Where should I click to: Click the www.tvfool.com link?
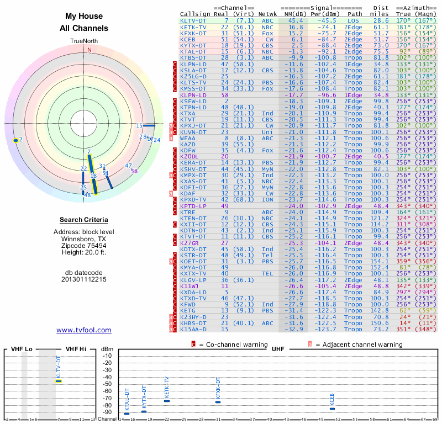point(84,330)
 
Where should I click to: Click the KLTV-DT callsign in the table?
point(193,20)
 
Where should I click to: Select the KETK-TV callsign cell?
point(193,26)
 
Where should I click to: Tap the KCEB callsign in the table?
point(188,39)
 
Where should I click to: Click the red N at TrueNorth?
point(88,49)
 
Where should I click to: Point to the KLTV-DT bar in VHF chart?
point(58,381)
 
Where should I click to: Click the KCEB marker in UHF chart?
point(332,409)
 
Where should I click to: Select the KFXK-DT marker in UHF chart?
point(218,402)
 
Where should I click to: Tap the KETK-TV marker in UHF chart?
point(167,401)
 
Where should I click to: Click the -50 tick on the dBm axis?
point(107,384)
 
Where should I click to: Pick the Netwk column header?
point(267,14)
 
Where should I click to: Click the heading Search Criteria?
point(84,219)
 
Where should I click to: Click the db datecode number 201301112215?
point(84,279)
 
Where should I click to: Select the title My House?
point(84,17)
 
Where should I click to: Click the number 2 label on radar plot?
point(20,140)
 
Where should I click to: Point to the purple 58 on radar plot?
point(134,171)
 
